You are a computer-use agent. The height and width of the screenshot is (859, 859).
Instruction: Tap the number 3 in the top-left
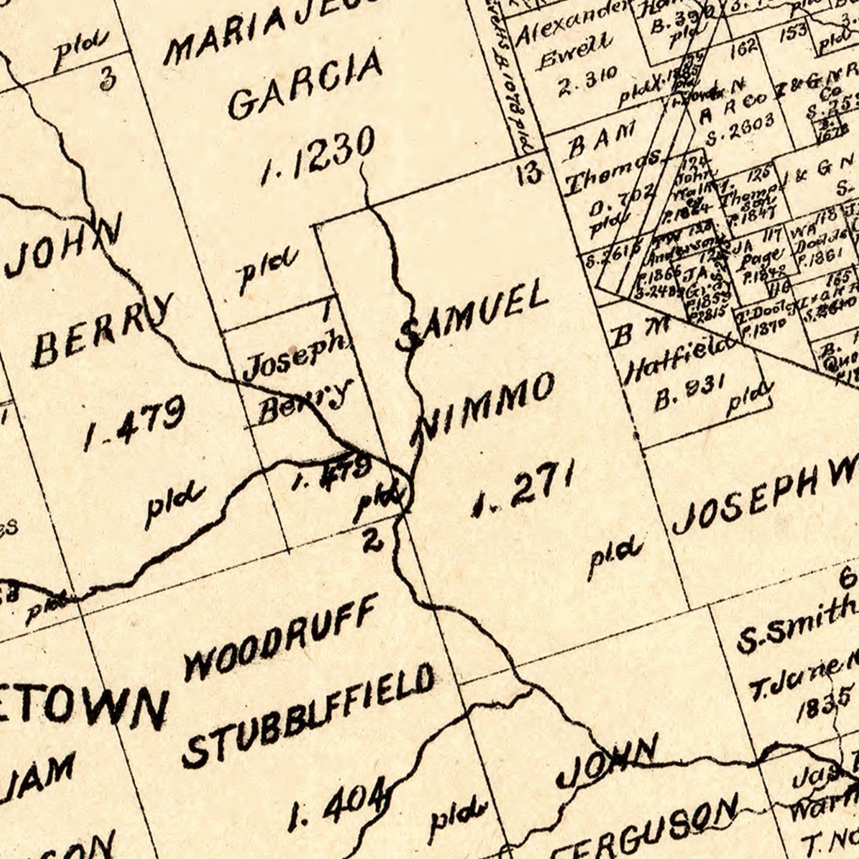point(108,79)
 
